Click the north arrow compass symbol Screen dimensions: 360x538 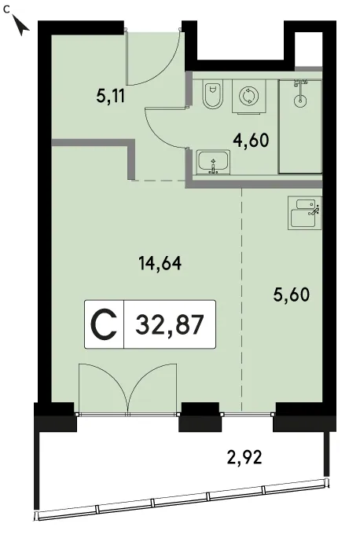tap(21, 25)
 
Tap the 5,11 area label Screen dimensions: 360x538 tap(110, 97)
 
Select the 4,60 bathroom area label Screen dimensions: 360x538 tap(251, 140)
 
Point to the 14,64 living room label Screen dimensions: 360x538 tap(160, 263)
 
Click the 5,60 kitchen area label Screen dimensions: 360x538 tap(292, 294)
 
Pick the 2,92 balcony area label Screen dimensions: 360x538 tap(245, 456)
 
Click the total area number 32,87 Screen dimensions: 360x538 tap(170, 324)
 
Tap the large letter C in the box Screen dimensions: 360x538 tap(104, 324)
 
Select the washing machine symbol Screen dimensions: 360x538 tap(248, 96)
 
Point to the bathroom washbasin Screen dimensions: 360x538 tap(213, 163)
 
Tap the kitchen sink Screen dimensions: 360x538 tap(304, 213)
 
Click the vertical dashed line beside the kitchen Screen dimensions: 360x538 tap(242, 299)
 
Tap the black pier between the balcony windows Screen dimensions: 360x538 tap(200, 416)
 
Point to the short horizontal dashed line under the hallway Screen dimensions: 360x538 tap(159, 180)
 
